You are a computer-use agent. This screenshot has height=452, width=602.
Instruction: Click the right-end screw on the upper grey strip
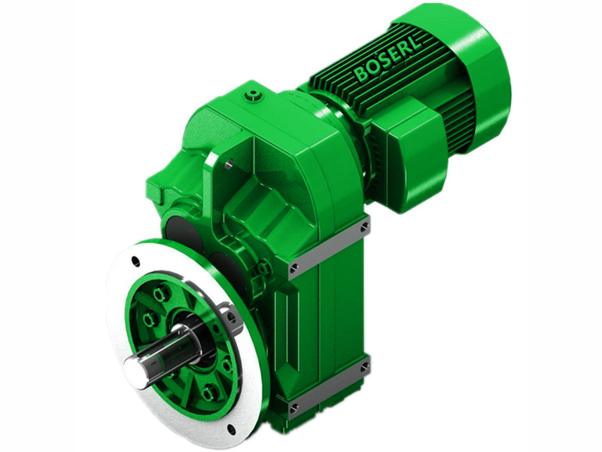pyautogui.click(x=365, y=225)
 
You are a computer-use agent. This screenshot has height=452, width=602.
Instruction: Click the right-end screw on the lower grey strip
pyautogui.click(x=365, y=367)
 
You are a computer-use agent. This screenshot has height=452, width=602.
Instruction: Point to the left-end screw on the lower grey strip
pyautogui.click(x=294, y=410)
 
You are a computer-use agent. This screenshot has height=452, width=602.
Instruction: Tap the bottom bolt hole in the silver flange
pyautogui.click(x=230, y=429)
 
